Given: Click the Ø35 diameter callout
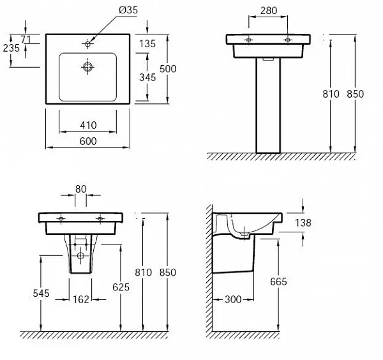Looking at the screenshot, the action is point(128,10).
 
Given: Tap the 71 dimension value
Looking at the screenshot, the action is point(26,40).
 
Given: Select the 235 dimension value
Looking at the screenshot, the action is point(11,48).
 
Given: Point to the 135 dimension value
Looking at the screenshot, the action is point(147,44).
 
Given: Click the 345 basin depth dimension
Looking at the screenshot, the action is point(147,78).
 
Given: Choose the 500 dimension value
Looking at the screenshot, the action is point(168,69).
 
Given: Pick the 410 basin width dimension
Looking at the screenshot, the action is point(88,126).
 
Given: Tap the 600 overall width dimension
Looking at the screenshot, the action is point(88,142).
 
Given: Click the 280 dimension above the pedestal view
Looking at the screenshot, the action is point(269,11).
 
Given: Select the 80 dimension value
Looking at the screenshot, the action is point(81,190).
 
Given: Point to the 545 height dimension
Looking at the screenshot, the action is point(41,294).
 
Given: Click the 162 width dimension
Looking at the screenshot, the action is point(81,299).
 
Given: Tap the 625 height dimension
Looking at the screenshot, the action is point(121,287).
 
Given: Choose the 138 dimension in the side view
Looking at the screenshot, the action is point(303,223).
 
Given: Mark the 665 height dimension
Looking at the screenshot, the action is point(278,282).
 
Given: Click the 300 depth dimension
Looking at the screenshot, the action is point(233,299).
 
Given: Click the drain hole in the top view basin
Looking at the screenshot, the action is point(87,66).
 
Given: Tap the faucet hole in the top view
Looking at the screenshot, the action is point(87,43).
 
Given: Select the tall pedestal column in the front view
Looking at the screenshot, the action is point(268,105).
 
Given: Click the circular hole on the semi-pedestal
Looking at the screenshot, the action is point(80,256).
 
